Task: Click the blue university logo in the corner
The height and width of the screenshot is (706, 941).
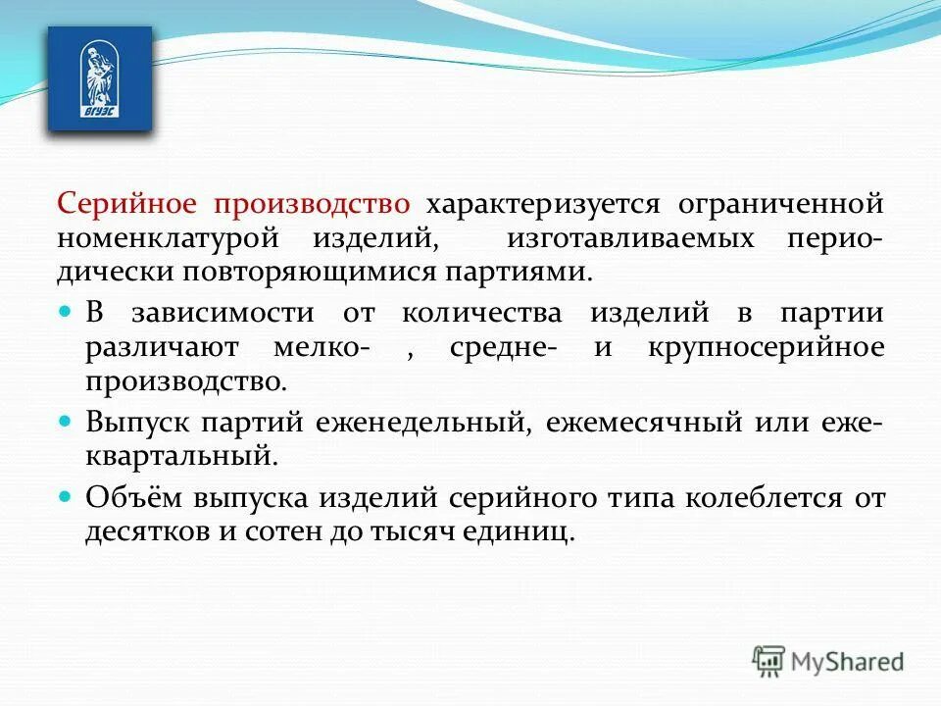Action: pos(100,79)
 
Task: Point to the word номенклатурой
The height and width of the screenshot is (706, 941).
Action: pos(182,237)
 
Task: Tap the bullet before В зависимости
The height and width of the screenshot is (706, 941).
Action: pos(67,311)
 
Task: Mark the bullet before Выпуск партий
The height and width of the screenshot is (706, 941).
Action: pos(67,420)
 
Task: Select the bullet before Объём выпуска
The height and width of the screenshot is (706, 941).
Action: pos(67,495)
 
